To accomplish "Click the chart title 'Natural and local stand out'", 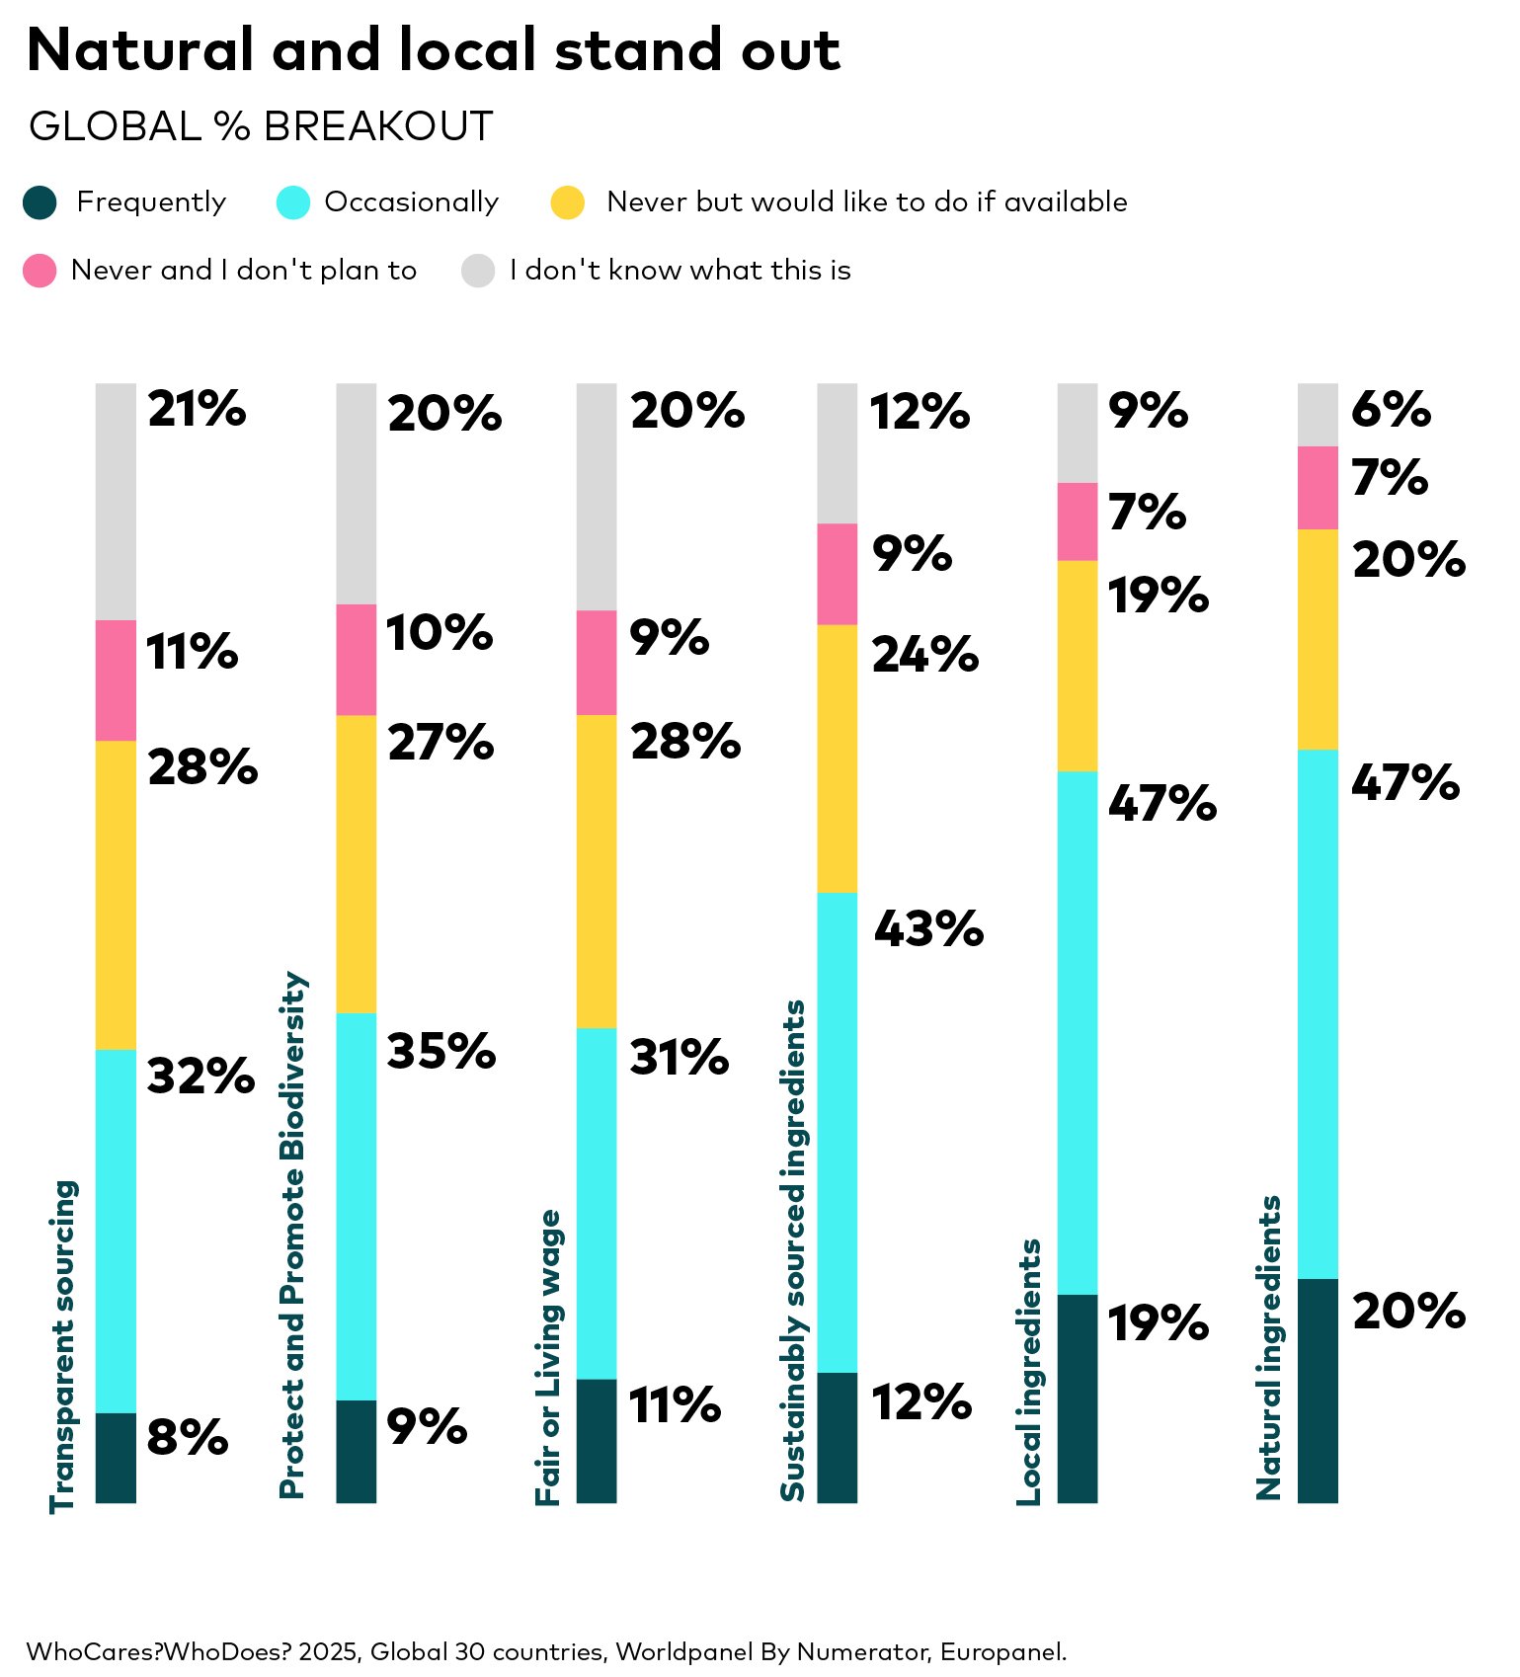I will [x=433, y=49].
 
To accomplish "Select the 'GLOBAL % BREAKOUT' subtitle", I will [x=261, y=126].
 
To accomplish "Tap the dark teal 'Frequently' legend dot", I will [x=40, y=202].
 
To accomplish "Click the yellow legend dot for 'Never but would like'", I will [x=568, y=202].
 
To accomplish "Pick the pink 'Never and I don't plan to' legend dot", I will [x=40, y=271].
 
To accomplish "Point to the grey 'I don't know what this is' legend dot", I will [x=478, y=271].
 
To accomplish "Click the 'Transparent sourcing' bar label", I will [x=63, y=1345].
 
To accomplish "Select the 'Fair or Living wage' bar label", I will [x=549, y=1357].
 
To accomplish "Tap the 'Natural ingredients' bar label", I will [x=1269, y=1347].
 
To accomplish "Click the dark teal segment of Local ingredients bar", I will [x=1078, y=1397].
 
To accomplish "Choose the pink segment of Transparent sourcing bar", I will [x=116, y=680].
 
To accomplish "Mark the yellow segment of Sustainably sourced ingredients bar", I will [x=838, y=759].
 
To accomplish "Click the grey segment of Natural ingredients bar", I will [x=1318, y=415].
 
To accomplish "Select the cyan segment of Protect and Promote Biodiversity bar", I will [x=357, y=1206].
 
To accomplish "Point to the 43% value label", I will [x=928, y=928].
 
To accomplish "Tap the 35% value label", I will [x=440, y=1051].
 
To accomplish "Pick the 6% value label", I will [x=1391, y=409].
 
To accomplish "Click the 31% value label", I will [x=680, y=1057].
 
